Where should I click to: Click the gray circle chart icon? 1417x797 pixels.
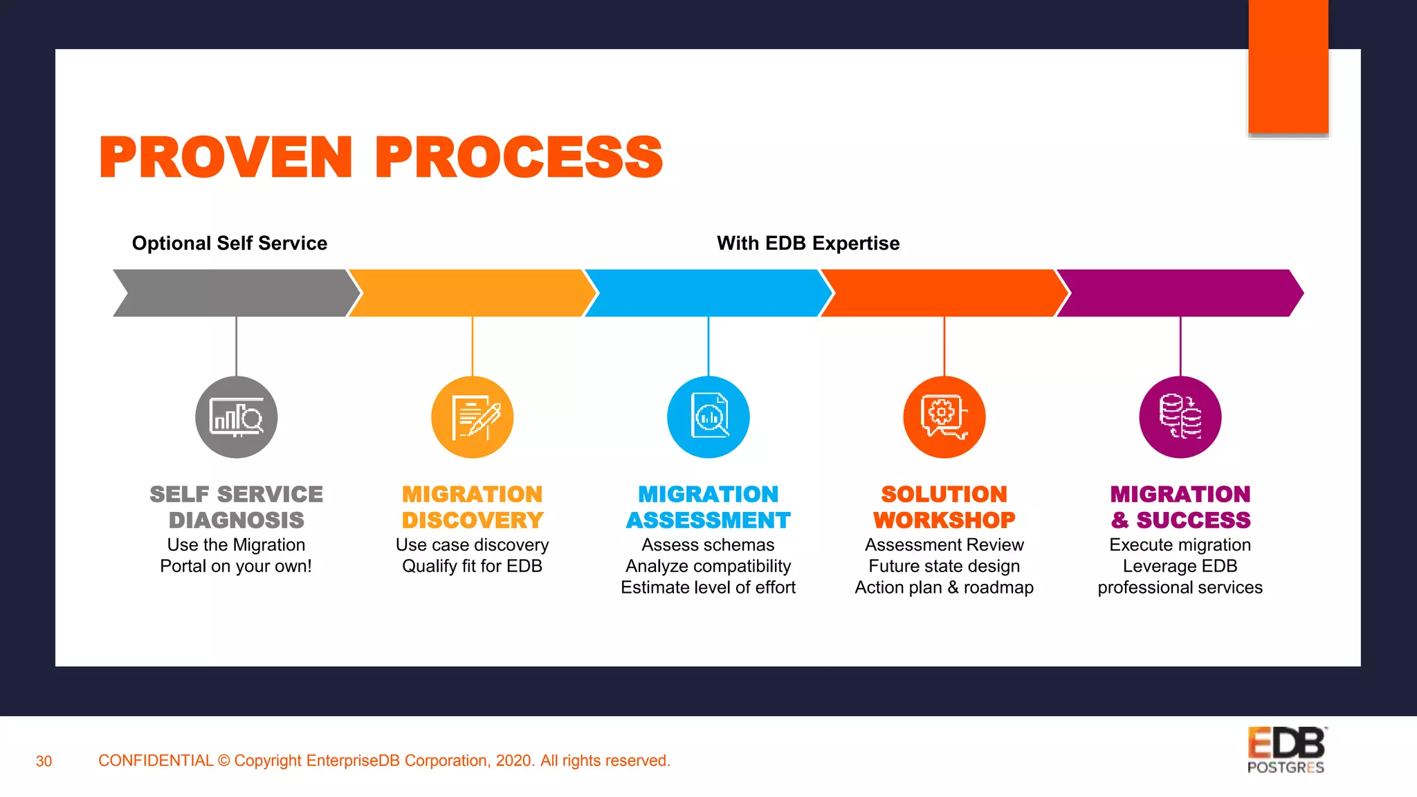[236, 417]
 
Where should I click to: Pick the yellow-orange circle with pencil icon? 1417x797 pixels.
[473, 417]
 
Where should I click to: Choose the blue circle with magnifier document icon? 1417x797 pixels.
[708, 417]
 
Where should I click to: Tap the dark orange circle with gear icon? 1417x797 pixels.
[944, 417]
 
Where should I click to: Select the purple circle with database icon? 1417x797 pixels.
[1180, 417]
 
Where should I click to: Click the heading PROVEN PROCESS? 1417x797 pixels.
[381, 157]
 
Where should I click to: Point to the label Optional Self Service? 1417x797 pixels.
[230, 244]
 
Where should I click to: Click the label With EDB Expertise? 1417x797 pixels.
[808, 244]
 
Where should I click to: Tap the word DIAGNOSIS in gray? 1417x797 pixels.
[237, 520]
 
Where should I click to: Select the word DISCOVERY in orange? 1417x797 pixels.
[473, 520]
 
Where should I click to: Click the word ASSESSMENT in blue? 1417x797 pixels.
[708, 520]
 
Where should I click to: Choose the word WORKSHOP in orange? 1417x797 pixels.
[944, 520]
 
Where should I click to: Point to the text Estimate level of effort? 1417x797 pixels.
[708, 587]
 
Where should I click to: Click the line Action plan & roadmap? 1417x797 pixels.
[944, 587]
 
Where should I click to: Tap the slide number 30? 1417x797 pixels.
[44, 761]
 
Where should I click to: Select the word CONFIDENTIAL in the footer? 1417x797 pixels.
[156, 760]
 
